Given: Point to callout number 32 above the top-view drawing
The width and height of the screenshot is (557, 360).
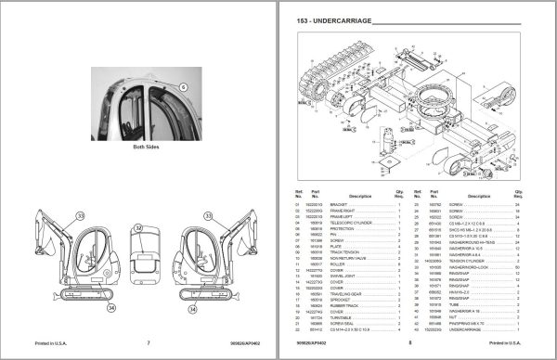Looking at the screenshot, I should click(x=137, y=227).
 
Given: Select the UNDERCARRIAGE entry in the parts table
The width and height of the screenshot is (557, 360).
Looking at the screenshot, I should click(x=494, y=329).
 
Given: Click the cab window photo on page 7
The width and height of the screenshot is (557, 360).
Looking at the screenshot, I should click(x=139, y=102).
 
